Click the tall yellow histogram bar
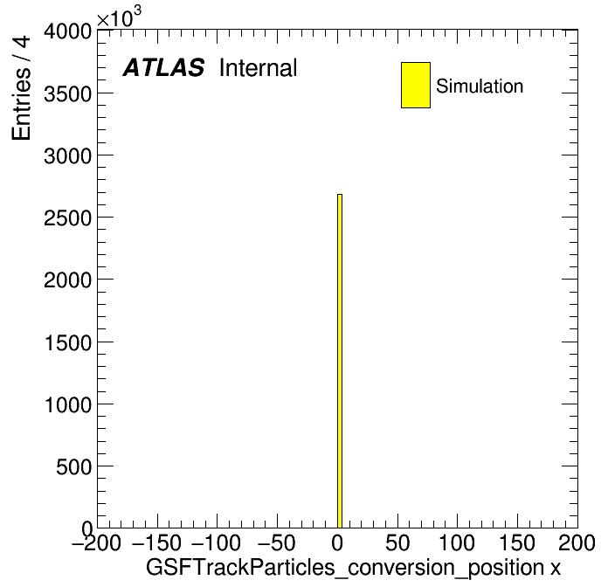click(340, 361)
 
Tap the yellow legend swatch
click(416, 85)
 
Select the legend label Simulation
click(480, 86)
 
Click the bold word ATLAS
click(163, 67)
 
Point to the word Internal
click(259, 68)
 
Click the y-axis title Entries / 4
click(21, 87)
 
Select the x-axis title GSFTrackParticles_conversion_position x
click(353, 568)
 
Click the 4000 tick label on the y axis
click(67, 31)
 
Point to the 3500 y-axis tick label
click(67, 93)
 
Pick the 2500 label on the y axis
click(67, 218)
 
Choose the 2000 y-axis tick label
click(67, 280)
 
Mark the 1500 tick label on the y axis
click(68, 342)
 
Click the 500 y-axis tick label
click(73, 466)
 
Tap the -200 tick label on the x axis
click(96, 542)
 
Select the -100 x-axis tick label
click(216, 542)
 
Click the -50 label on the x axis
click(276, 542)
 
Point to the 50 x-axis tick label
click(397, 542)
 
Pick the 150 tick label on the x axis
click(517, 542)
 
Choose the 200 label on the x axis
click(577, 542)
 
